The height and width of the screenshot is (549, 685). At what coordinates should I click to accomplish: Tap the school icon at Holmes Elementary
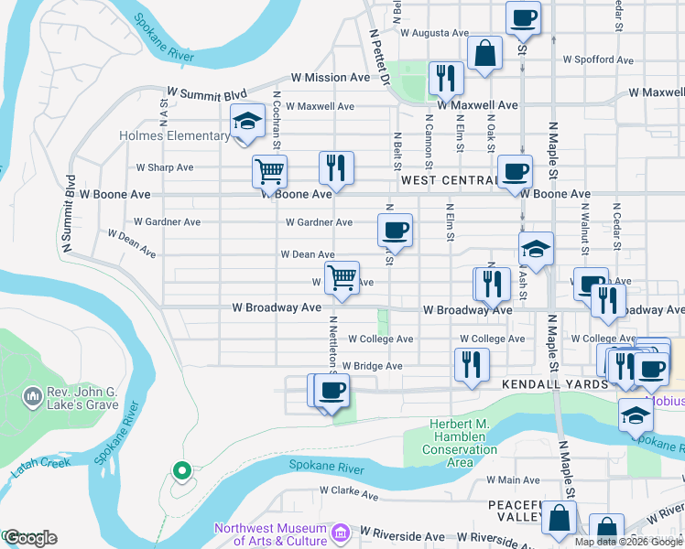[x=246, y=122]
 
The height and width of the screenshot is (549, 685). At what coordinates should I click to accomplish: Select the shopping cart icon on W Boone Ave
[x=269, y=170]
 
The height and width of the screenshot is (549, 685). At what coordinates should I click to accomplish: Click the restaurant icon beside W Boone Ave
[x=336, y=167]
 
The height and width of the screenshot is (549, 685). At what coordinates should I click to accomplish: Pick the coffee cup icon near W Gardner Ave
[x=396, y=230]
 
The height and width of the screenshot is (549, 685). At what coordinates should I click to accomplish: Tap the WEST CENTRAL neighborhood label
[x=449, y=180]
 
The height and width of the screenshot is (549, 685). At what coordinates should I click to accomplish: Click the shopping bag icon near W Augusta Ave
[x=484, y=53]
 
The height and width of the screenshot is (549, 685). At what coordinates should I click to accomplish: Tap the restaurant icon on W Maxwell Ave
[x=446, y=78]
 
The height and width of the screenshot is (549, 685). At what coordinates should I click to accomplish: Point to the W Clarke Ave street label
[x=349, y=495]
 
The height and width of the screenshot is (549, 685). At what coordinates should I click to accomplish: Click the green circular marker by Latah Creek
[x=181, y=471]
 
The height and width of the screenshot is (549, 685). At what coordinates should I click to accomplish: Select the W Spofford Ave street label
[x=598, y=59]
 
